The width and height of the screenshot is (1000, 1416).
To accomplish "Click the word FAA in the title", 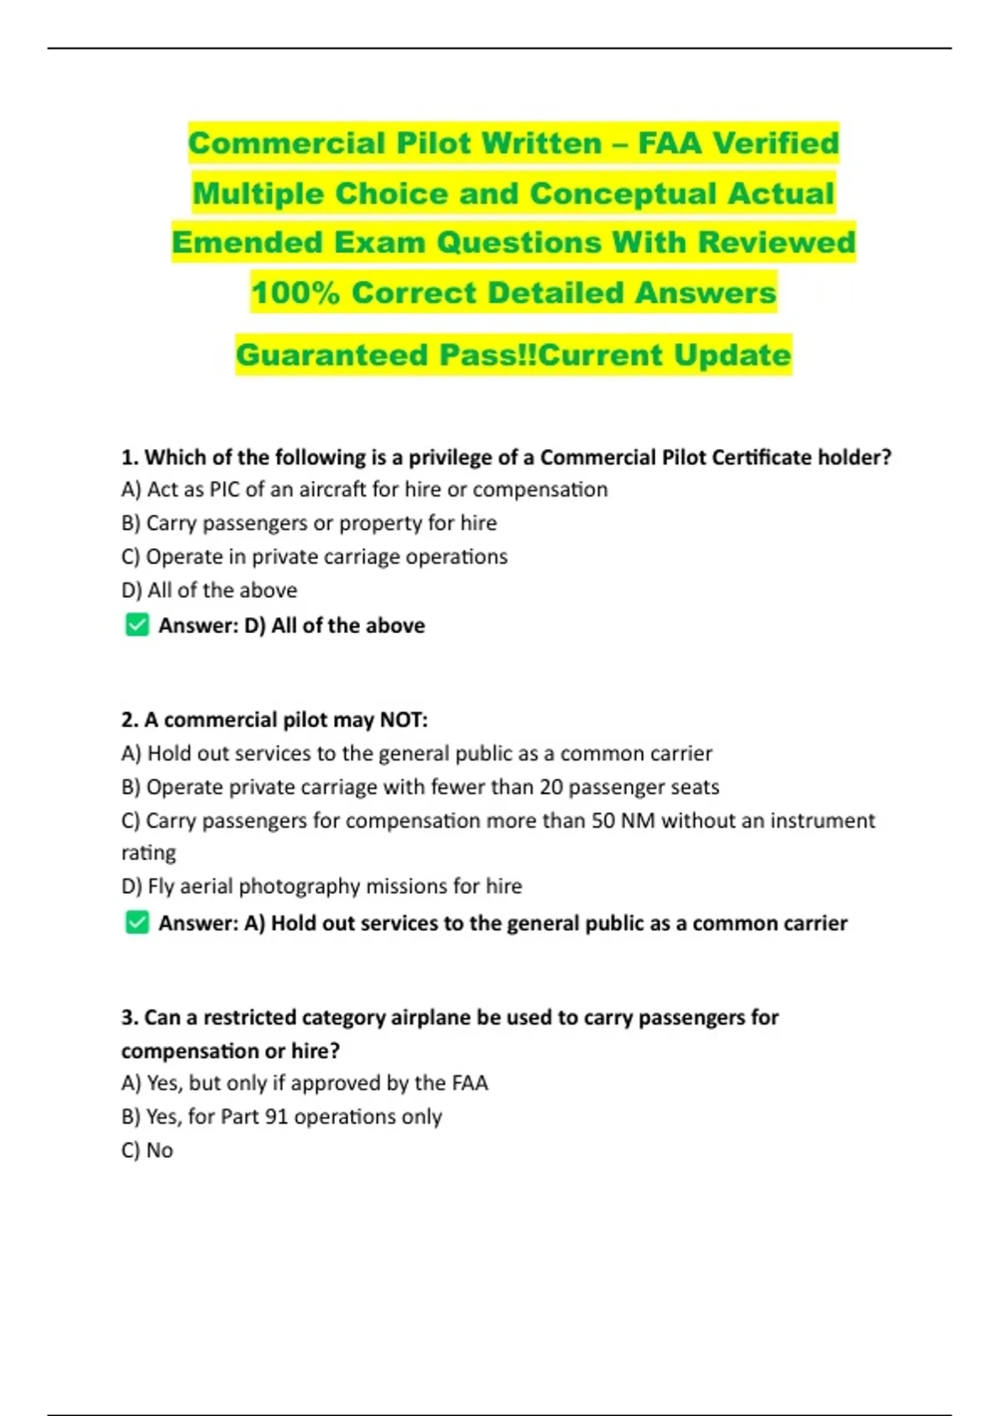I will tap(668, 143).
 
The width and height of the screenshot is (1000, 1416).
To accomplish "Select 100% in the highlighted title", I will tap(295, 292).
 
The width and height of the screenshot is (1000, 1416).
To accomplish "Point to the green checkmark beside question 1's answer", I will tap(137, 625).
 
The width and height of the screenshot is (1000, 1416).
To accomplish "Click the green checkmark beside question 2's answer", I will tap(137, 922).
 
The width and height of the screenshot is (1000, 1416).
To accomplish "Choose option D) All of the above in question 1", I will tap(209, 591).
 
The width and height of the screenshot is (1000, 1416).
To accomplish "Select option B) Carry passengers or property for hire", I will tap(309, 523).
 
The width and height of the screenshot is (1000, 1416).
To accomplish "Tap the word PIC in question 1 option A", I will tap(224, 490).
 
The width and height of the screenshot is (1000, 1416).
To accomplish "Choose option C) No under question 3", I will tap(147, 1150).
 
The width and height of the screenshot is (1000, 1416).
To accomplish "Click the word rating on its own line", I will tap(148, 853).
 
